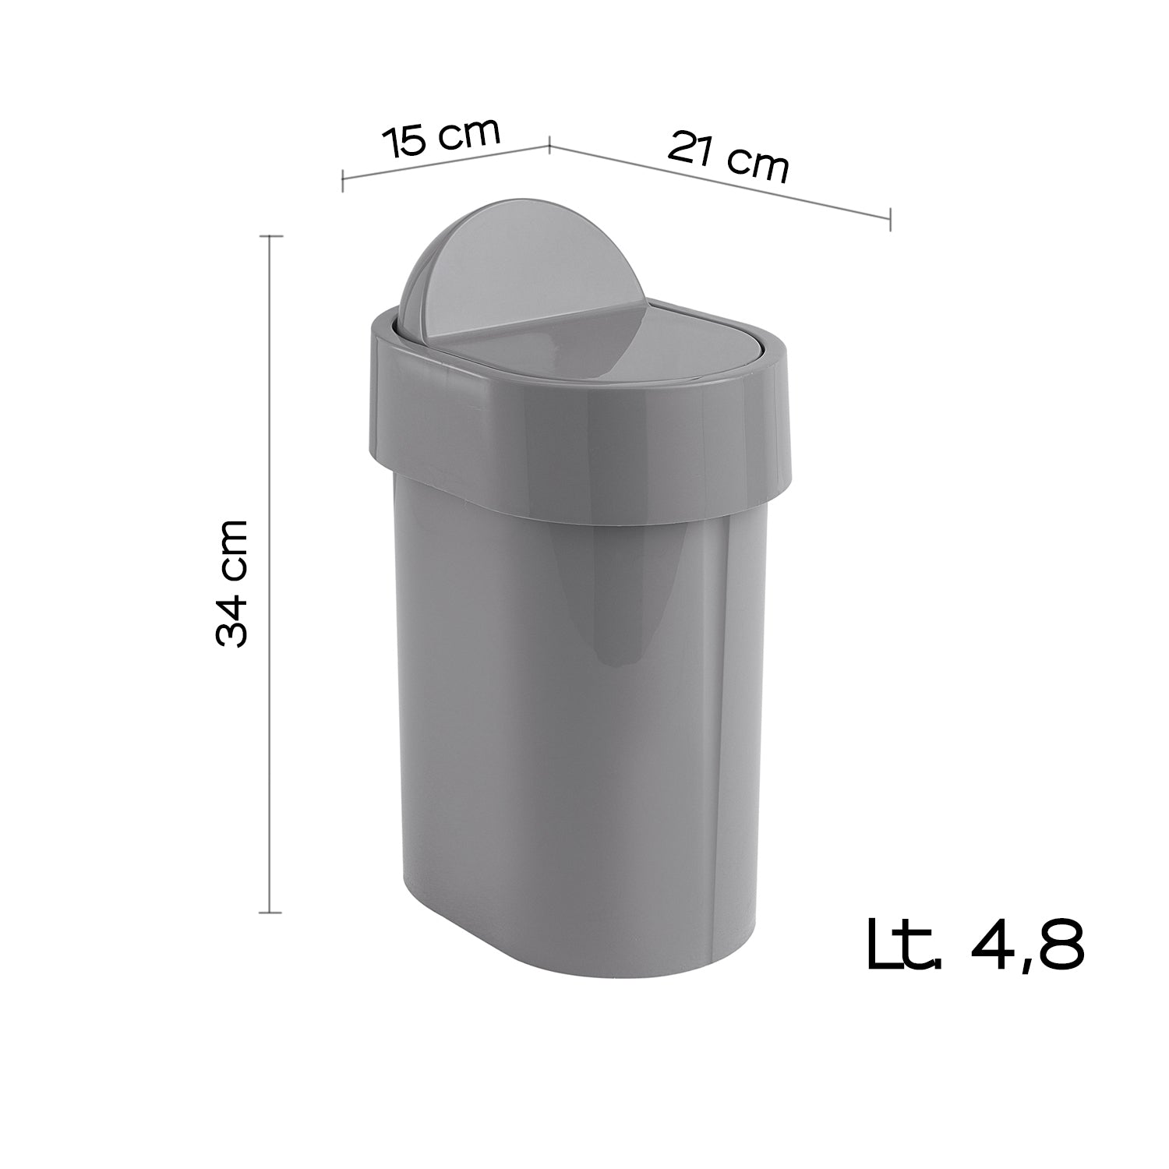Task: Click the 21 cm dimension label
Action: [x=728, y=156]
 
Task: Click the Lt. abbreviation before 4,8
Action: [x=905, y=945]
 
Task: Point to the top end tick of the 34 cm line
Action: [x=270, y=235]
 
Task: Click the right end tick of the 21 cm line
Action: [x=890, y=219]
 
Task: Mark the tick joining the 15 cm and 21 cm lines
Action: [x=550, y=144]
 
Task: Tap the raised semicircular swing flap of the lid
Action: [x=468, y=265]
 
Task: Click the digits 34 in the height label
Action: [x=232, y=619]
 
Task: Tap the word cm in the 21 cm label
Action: [x=760, y=164]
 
